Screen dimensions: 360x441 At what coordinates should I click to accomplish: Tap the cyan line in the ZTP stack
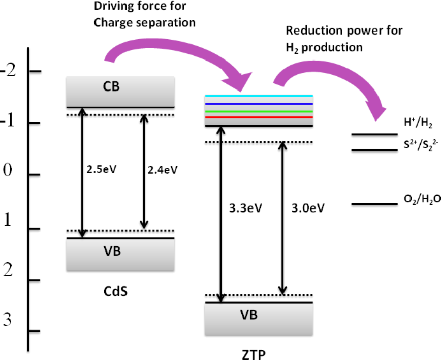tap(258, 96)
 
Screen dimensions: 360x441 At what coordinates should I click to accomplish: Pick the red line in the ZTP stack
tap(258, 117)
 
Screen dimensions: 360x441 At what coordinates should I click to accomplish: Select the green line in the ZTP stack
tap(258, 111)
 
